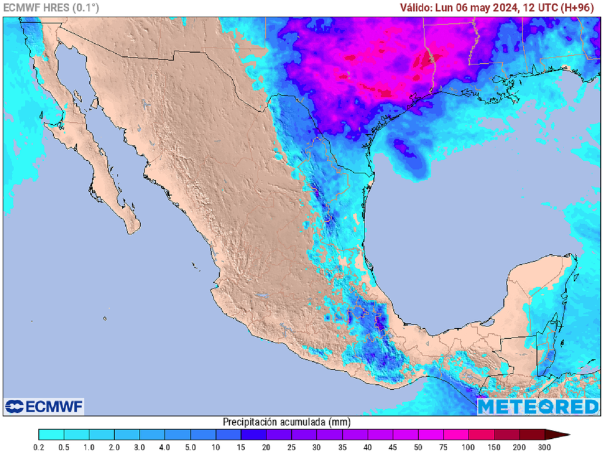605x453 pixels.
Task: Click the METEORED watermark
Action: point(538,406)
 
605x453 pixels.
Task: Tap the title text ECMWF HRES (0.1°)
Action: point(51,8)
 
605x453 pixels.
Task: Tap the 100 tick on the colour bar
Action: point(468,446)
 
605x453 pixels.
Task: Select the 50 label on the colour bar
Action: point(418,446)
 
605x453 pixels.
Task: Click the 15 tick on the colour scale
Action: point(241,446)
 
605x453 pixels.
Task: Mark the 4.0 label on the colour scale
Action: point(165,446)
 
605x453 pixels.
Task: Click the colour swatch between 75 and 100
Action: point(455,435)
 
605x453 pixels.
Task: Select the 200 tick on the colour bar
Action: point(519,446)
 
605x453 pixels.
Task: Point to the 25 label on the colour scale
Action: point(291,446)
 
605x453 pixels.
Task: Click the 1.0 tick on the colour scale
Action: point(89,446)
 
